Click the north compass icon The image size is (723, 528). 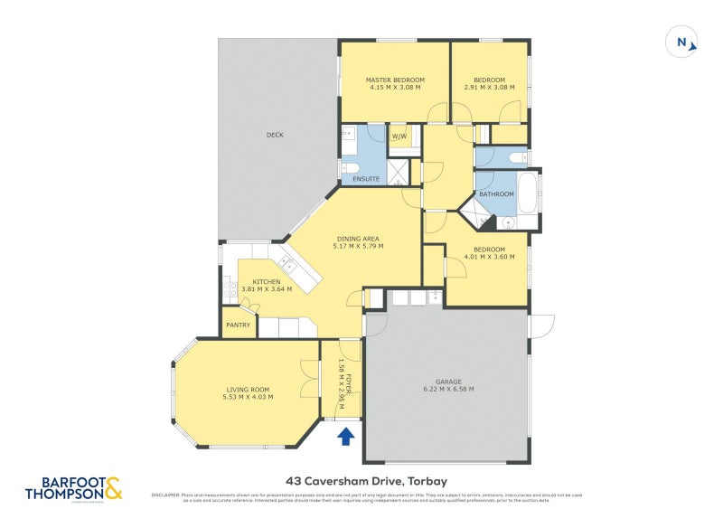(x=681, y=42)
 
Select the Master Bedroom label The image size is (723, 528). (x=394, y=80)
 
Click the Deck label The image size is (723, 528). (x=275, y=135)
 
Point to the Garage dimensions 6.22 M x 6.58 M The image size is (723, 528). (x=443, y=389)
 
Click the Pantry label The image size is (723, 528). (x=238, y=325)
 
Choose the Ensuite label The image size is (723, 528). (x=366, y=179)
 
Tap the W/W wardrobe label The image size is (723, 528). (x=399, y=137)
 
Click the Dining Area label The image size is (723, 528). (x=358, y=238)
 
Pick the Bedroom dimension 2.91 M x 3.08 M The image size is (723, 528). (x=488, y=88)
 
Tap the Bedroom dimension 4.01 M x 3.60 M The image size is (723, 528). (x=488, y=257)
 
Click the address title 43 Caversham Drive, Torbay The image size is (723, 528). (x=364, y=482)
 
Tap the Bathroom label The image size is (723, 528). (x=496, y=194)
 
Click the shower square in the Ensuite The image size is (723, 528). (x=398, y=170)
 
